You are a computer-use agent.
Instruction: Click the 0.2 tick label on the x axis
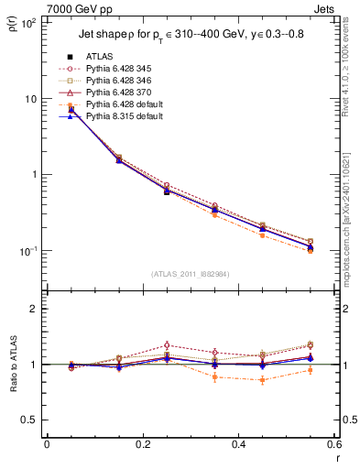pyautogui.click(x=142, y=446)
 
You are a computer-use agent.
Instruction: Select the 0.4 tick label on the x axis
pyautogui.click(x=238, y=446)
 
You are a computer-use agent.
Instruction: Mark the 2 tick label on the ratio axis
pyautogui.click(x=32, y=310)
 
